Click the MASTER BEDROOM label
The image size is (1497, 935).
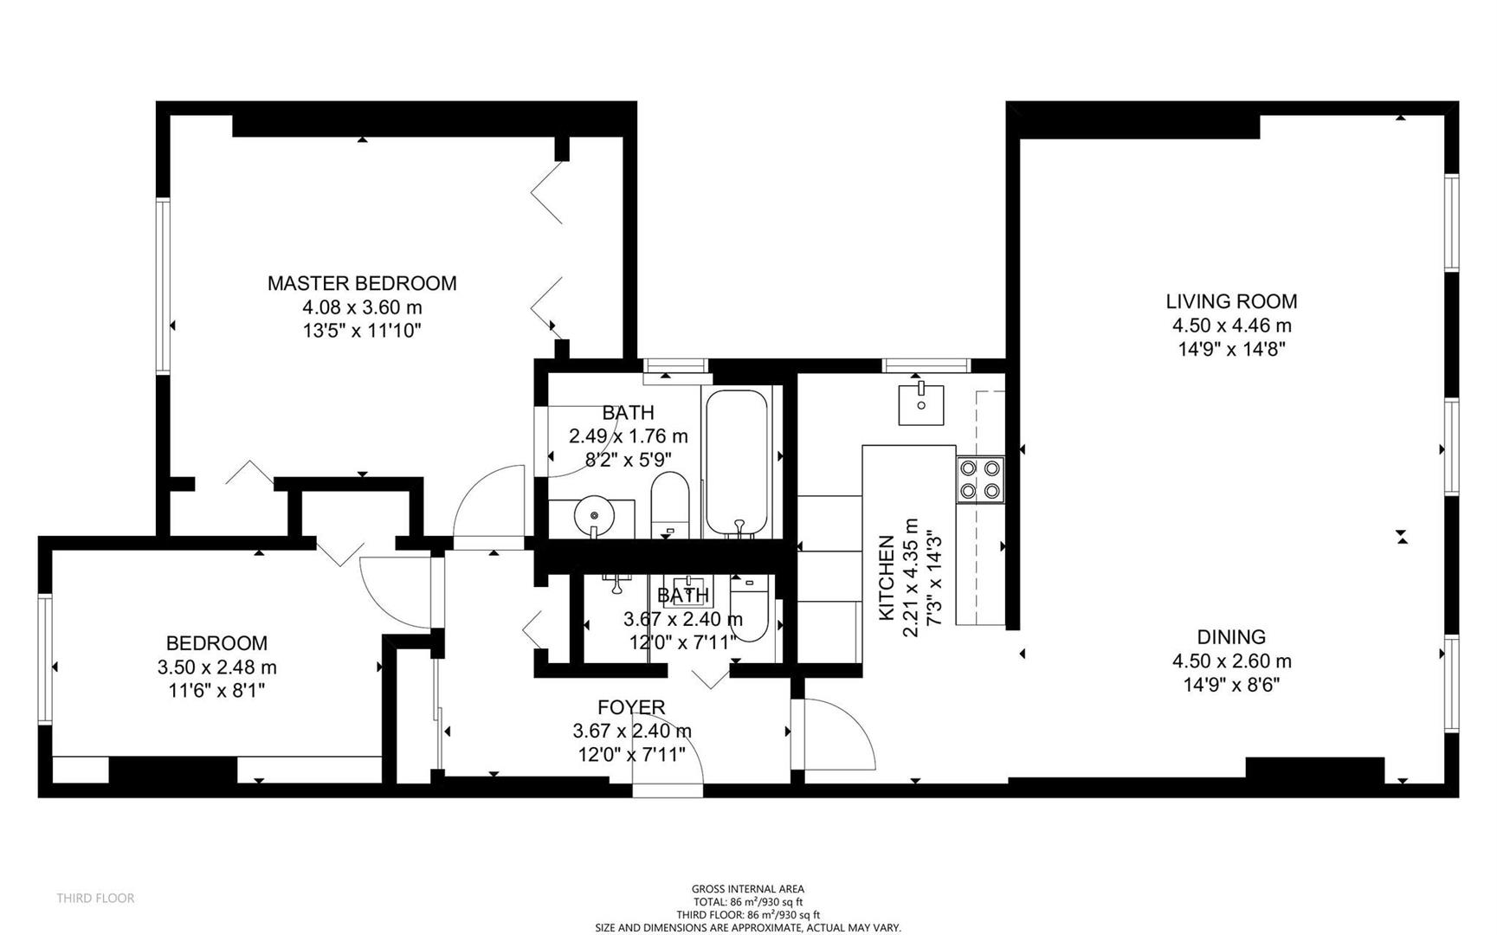pos(361,283)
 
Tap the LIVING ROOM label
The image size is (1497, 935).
pos(1230,301)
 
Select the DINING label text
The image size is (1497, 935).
pos(1230,636)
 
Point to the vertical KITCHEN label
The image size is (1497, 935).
pos(887,577)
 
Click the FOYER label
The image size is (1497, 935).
pos(631,707)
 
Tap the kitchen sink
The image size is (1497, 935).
pos(921,403)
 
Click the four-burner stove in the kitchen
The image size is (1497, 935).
pos(980,480)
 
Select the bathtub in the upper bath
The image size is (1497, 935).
pos(736,463)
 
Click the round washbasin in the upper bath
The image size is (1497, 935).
pos(594,517)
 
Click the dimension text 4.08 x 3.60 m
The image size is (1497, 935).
pos(361,307)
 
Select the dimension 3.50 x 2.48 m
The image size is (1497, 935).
pos(216,667)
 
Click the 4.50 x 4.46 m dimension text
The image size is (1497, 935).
pos(1230,326)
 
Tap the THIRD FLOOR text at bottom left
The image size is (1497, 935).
pos(95,898)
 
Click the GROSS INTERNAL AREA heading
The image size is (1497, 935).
pos(747,888)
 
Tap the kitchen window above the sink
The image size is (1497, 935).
pos(926,365)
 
